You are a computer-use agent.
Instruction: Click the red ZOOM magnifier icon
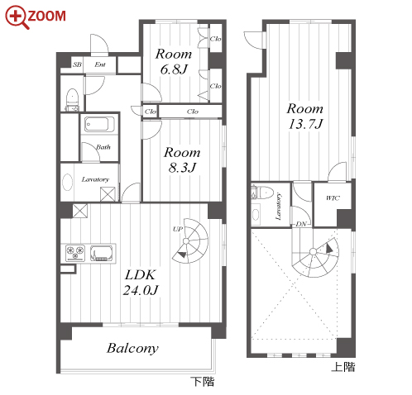click(17, 17)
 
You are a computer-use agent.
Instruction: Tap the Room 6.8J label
click(174, 61)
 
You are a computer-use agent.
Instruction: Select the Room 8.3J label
click(182, 159)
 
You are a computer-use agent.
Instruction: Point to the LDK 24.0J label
click(141, 283)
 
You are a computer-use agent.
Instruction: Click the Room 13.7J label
click(305, 116)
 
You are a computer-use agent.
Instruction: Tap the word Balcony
click(132, 349)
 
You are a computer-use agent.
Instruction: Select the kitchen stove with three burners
click(75, 253)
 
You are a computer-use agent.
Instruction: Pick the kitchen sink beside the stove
click(102, 253)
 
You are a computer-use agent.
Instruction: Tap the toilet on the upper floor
click(262, 192)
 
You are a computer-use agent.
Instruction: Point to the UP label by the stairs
click(178, 229)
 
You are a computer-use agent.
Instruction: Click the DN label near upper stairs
click(301, 224)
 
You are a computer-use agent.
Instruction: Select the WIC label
click(333, 197)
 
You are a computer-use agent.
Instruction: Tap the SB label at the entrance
click(77, 64)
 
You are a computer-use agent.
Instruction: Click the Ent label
click(100, 64)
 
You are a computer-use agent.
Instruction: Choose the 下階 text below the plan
click(203, 382)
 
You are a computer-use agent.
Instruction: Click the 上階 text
click(343, 366)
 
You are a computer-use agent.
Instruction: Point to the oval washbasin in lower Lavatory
click(68, 182)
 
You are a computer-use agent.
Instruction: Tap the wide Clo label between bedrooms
click(192, 112)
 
